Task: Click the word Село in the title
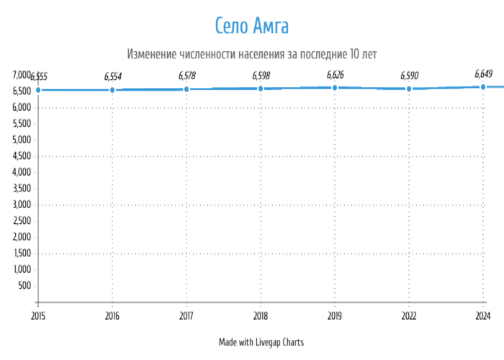(x=231, y=26)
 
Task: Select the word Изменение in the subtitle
(x=150, y=54)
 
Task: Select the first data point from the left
(x=38, y=90)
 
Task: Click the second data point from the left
(x=112, y=90)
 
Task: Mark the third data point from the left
(x=186, y=89)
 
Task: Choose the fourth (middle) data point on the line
(x=261, y=89)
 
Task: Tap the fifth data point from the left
(x=335, y=88)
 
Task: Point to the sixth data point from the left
(x=409, y=89)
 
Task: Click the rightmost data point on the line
(x=483, y=87)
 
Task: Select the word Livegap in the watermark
(x=269, y=343)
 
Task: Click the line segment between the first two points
(x=76, y=90)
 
